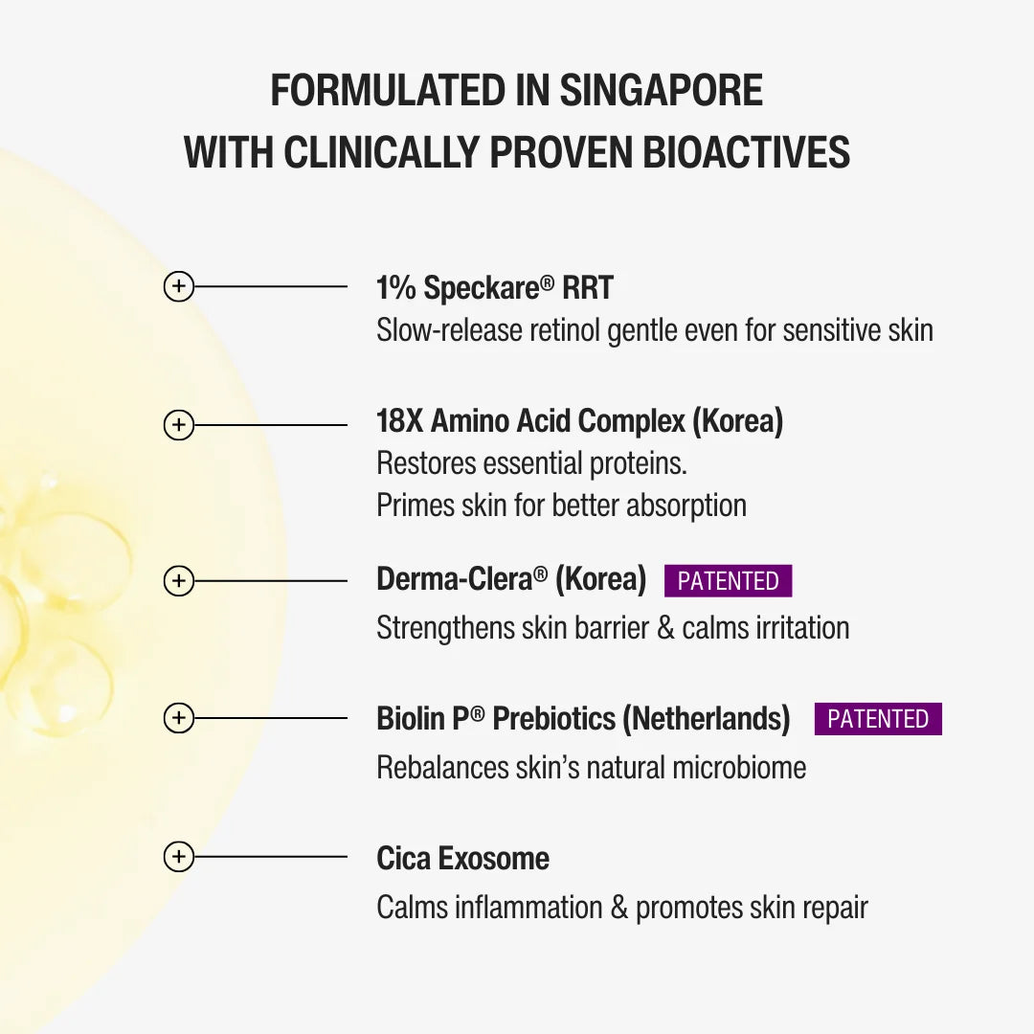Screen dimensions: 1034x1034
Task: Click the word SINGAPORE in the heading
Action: pyautogui.click(x=661, y=90)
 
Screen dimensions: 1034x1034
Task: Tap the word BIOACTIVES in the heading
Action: pyautogui.click(x=746, y=152)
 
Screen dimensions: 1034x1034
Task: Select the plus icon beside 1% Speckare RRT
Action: pyautogui.click(x=179, y=287)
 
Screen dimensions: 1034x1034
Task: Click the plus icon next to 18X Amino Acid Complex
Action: pyautogui.click(x=179, y=425)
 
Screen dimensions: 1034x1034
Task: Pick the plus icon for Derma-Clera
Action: pyautogui.click(x=179, y=581)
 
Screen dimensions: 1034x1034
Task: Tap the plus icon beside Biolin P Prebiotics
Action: pyautogui.click(x=179, y=718)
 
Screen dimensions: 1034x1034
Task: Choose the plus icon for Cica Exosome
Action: pyautogui.click(x=179, y=857)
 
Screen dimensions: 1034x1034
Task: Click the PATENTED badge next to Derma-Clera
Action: pyautogui.click(x=728, y=581)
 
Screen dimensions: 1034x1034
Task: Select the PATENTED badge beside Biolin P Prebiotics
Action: pyautogui.click(x=878, y=719)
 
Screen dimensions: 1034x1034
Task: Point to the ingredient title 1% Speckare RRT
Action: pyautogui.click(x=495, y=288)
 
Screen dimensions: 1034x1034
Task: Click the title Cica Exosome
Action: pyautogui.click(x=463, y=859)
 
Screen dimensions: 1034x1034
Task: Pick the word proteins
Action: pyautogui.click(x=639, y=464)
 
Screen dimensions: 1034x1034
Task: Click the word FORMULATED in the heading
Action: pyautogui.click(x=388, y=90)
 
